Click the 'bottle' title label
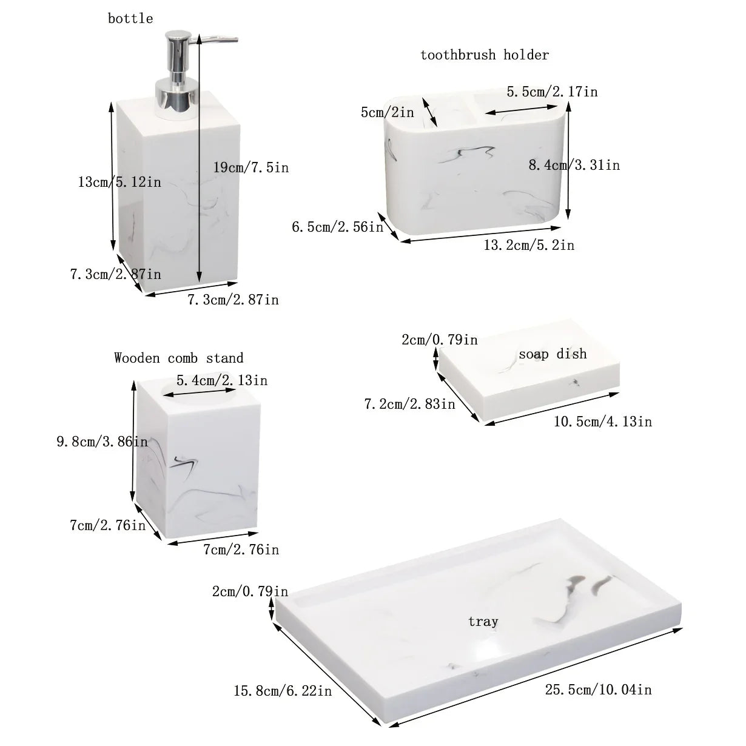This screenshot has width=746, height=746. (130, 19)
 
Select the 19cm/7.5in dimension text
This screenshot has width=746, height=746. (251, 167)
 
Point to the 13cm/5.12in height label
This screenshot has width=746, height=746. (119, 181)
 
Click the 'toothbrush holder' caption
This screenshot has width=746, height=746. (485, 55)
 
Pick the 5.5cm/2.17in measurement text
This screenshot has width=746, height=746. (552, 92)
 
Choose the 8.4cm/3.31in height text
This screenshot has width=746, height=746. (574, 165)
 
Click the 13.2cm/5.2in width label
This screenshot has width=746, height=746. (528, 245)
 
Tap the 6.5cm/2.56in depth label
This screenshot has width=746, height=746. (338, 227)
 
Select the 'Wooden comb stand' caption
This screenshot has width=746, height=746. (179, 358)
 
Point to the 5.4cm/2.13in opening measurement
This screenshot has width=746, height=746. (221, 380)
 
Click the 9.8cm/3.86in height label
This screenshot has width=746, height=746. (102, 442)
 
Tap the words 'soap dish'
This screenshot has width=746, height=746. (553, 354)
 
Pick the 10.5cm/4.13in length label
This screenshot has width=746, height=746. (602, 421)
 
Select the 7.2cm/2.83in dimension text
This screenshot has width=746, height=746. (409, 404)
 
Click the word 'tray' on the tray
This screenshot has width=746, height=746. (483, 621)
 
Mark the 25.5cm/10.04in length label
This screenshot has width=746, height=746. (598, 690)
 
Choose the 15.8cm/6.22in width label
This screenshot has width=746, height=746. (283, 691)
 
